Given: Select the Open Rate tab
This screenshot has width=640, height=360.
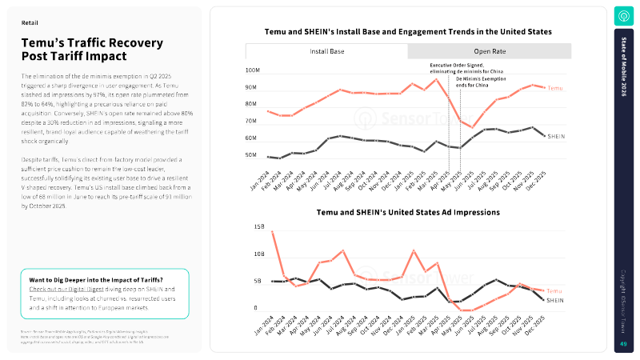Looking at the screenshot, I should [x=490, y=51].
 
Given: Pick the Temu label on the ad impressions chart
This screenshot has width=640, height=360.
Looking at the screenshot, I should [x=554, y=291].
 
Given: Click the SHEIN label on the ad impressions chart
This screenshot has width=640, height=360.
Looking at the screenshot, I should [x=555, y=301].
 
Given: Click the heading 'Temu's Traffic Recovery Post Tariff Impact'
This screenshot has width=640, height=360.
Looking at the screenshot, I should [x=92, y=49].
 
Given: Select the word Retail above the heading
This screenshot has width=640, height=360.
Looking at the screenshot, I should [x=30, y=23].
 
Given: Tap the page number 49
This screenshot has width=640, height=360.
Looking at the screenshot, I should [x=623, y=344].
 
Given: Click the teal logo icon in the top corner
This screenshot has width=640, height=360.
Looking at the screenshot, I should [x=623, y=15].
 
